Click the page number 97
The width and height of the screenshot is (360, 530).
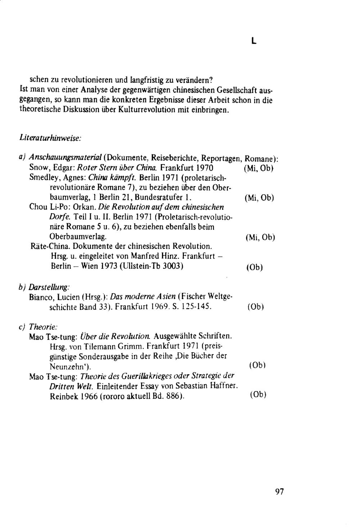click(x=279, y=492)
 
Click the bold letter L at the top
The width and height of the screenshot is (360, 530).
click(x=254, y=41)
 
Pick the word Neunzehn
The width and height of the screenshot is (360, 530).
click(x=68, y=367)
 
